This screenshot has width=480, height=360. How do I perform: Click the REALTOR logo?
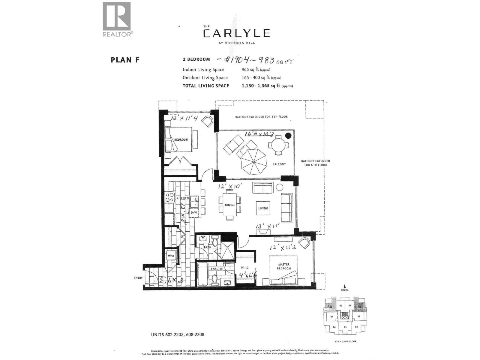pos(117,19)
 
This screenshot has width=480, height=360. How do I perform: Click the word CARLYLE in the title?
pos(236,33)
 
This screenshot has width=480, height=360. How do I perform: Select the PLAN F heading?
pos(125,60)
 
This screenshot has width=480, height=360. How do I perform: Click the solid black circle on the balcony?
pos(288,136)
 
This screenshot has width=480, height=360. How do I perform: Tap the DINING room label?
pos(230,205)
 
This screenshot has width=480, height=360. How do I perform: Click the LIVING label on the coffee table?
pos(263,208)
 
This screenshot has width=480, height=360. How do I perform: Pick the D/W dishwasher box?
pos(194,213)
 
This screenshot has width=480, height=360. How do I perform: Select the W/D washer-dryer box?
pos(171,256)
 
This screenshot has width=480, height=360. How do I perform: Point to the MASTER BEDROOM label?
pos(284,266)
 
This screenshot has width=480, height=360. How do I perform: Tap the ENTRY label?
pos(138,278)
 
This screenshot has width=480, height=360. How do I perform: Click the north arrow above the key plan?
pos(345,287)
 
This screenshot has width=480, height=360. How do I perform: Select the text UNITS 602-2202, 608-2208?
pos(178,334)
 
